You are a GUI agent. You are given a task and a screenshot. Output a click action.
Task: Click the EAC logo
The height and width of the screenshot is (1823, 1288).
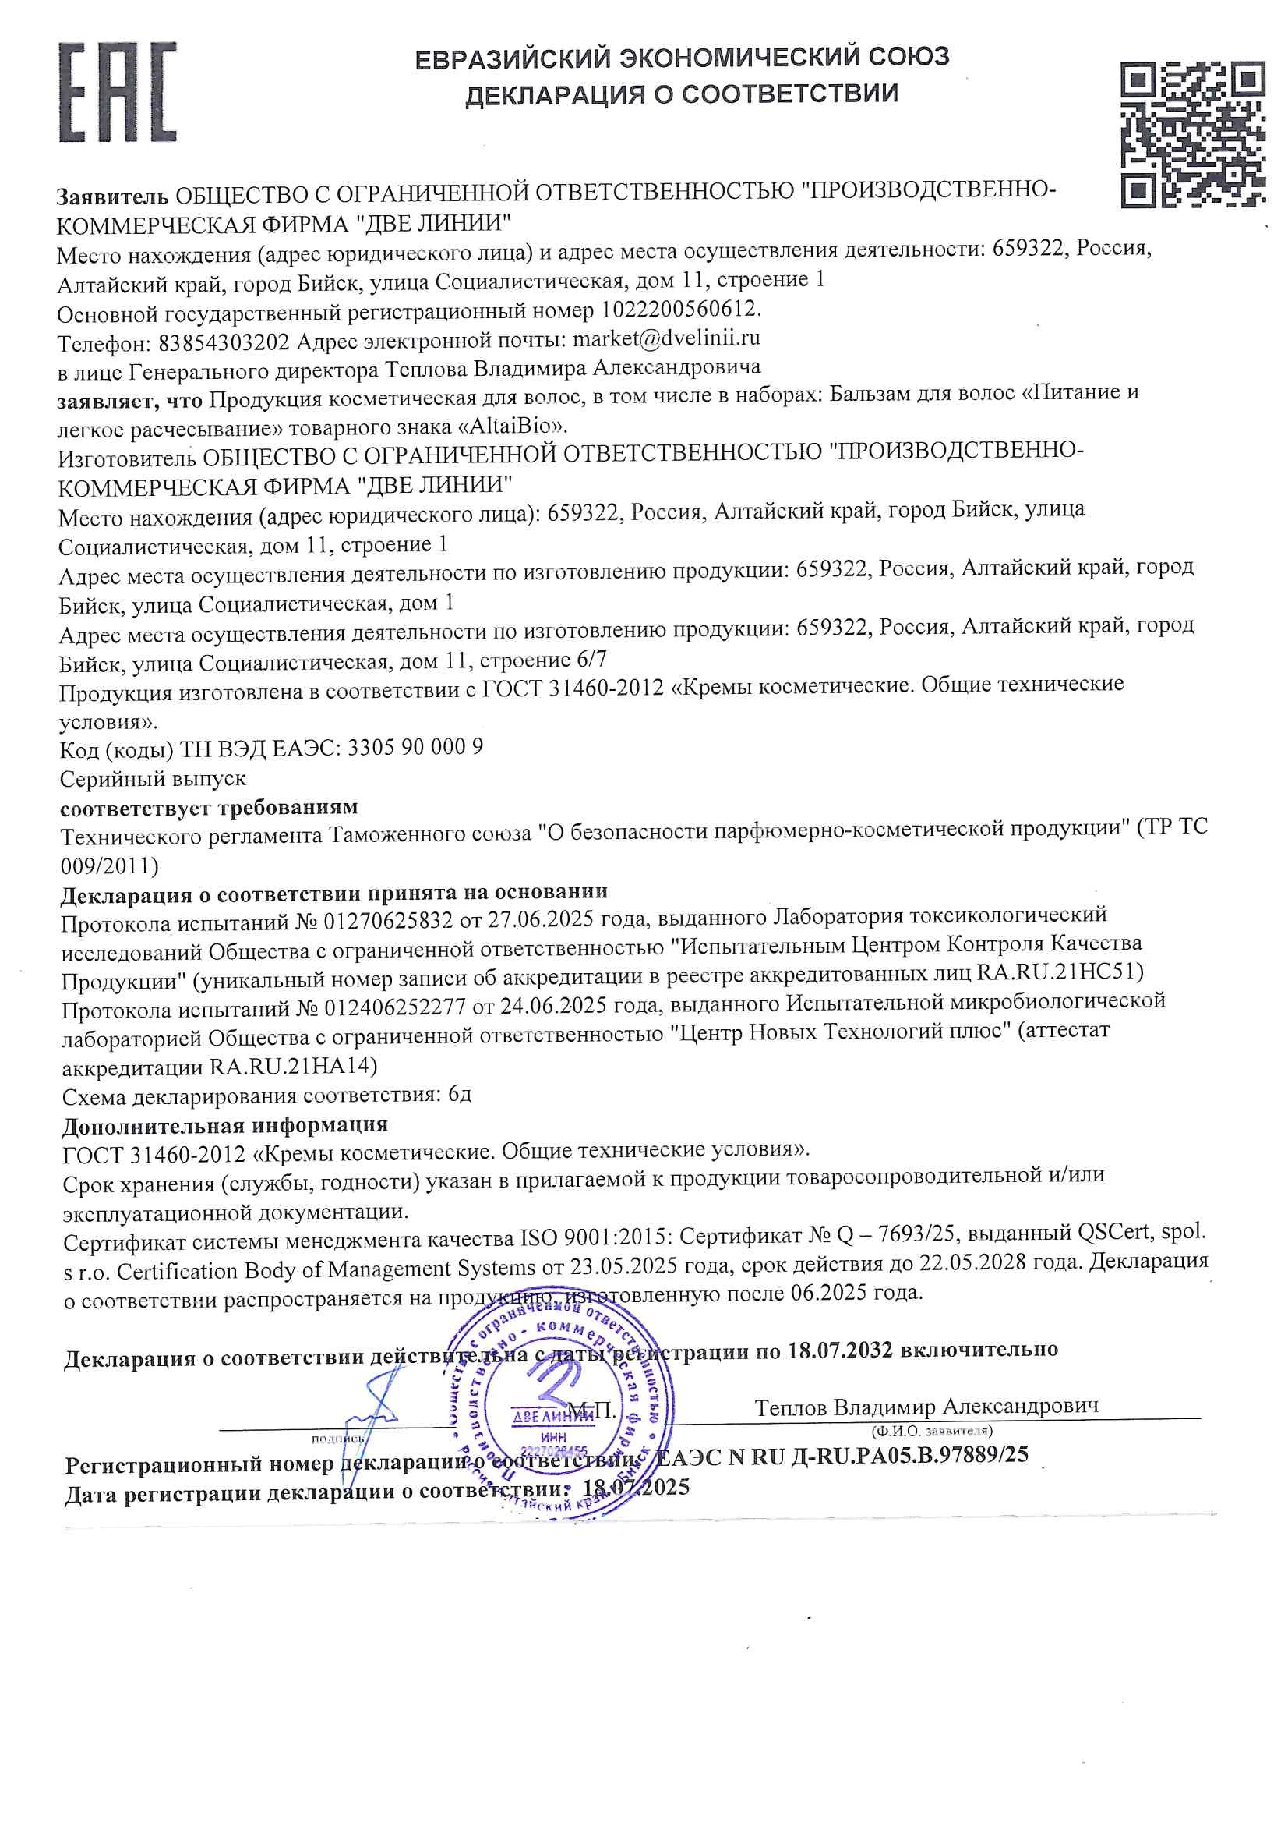point(118,92)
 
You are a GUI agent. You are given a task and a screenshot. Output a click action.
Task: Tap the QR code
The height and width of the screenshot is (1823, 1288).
point(1192,135)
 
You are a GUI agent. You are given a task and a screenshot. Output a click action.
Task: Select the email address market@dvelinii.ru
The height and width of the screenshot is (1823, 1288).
point(666,338)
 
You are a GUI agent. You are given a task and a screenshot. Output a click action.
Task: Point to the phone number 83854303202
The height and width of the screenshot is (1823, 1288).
point(224,343)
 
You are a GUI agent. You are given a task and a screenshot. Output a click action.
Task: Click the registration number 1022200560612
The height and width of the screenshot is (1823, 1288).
point(679,308)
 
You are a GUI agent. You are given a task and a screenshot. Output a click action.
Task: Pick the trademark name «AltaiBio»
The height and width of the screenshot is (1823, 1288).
point(511,425)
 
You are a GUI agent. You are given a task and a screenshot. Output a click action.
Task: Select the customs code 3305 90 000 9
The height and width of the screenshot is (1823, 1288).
point(415,747)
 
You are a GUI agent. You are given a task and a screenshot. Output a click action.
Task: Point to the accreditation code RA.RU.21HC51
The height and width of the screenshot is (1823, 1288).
point(1059,972)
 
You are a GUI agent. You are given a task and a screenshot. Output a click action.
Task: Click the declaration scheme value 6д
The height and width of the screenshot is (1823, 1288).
point(460,1094)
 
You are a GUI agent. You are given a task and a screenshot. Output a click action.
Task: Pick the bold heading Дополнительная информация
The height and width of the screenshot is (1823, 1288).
point(225,1125)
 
